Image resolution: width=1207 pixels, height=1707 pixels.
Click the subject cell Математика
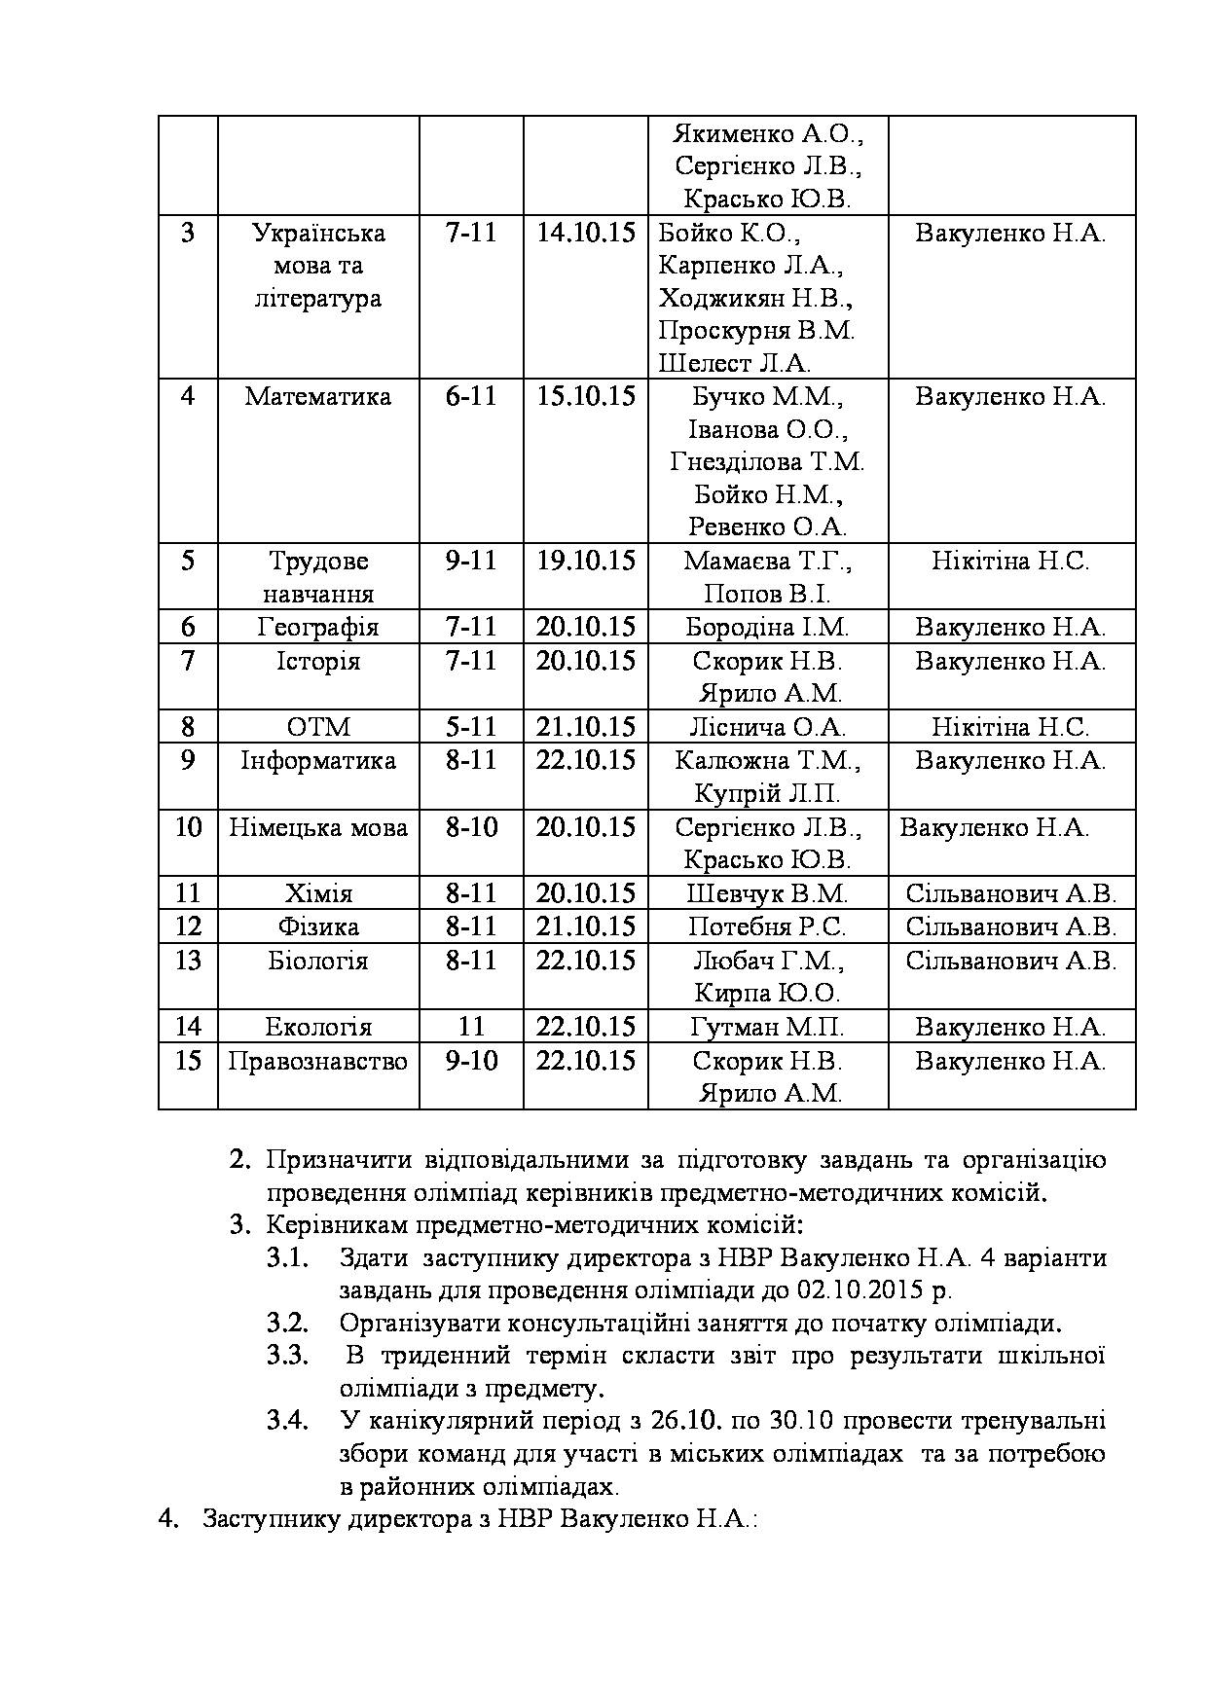(317, 397)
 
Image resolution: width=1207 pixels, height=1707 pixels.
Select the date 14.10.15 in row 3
(585, 233)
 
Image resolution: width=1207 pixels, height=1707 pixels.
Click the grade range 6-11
(471, 397)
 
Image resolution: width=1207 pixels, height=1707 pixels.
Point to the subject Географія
(317, 628)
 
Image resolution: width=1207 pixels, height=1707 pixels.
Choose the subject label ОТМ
(317, 727)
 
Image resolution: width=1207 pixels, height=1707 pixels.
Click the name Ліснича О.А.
(767, 727)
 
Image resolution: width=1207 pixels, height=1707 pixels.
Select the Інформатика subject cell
(317, 760)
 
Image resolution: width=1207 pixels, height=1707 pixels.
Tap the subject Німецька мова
(317, 827)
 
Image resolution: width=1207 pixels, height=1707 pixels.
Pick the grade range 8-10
(471, 827)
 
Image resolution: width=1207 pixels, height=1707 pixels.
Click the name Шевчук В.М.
(767, 893)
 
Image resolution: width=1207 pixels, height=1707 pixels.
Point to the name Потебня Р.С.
(767, 926)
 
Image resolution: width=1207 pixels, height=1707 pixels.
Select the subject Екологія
(317, 1027)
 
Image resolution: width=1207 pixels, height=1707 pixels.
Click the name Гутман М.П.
(767, 1027)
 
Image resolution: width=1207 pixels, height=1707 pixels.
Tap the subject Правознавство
(317, 1060)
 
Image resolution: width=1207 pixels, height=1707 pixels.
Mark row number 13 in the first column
(188, 961)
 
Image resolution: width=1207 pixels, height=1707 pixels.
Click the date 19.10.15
(585, 561)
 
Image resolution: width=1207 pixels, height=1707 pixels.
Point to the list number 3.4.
(287, 1421)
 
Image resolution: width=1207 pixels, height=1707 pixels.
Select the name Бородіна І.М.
(767, 628)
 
